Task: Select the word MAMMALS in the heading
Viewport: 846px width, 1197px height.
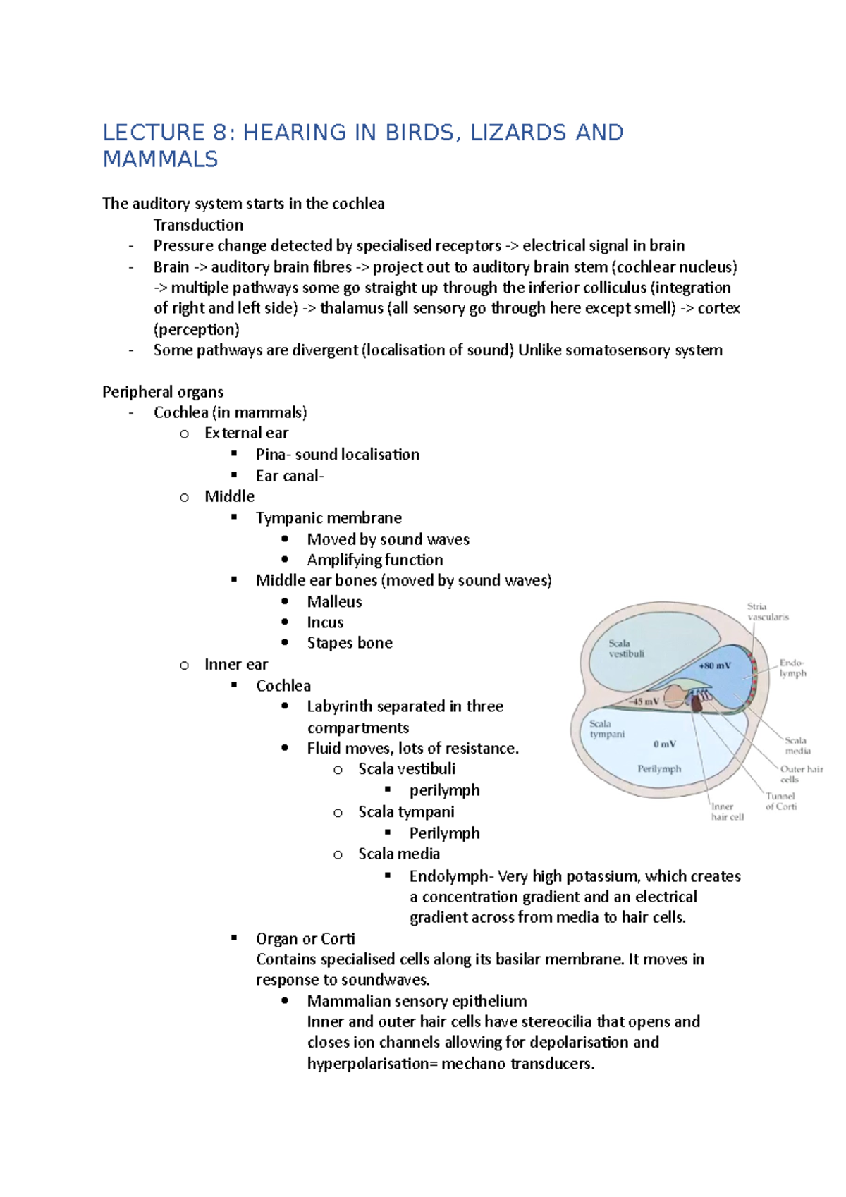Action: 160,159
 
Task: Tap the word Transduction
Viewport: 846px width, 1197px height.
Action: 198,225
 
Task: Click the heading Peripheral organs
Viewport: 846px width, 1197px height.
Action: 163,392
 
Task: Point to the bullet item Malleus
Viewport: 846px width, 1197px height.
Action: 334,601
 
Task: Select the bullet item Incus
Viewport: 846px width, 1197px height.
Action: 325,622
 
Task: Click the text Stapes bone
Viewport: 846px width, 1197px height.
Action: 350,643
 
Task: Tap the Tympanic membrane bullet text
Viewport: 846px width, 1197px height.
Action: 329,518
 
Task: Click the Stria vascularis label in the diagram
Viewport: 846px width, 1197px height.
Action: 767,611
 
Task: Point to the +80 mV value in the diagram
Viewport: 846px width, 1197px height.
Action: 714,665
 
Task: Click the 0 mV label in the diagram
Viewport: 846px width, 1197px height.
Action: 664,744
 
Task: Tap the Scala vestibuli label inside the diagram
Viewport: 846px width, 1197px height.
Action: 626,648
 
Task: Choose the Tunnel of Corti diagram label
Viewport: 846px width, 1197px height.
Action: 781,801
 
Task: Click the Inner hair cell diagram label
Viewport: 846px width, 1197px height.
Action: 727,811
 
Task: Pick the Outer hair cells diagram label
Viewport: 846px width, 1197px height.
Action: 801,774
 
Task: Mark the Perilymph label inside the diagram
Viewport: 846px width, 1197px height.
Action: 659,769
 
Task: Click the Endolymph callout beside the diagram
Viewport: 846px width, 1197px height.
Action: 792,668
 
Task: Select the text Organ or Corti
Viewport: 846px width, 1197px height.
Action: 305,939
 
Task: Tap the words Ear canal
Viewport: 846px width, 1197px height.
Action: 289,477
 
